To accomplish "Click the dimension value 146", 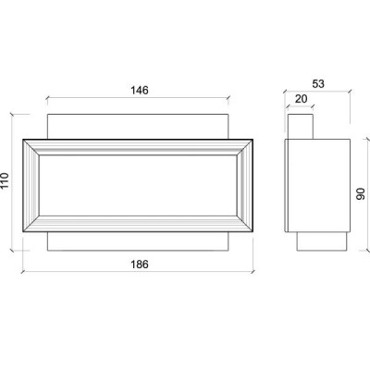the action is click(140, 91).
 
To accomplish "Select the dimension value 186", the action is click(140, 265).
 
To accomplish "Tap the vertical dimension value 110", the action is click(5, 181).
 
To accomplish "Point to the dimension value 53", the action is click(318, 84).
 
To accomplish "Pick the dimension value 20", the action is click(302, 99).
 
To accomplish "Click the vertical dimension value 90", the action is click(361, 193).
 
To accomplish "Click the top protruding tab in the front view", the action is click(138, 127).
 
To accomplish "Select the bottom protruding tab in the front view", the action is click(138, 241).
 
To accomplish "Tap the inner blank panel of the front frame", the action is click(138, 186).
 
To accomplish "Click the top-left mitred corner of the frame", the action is click(31, 147).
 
